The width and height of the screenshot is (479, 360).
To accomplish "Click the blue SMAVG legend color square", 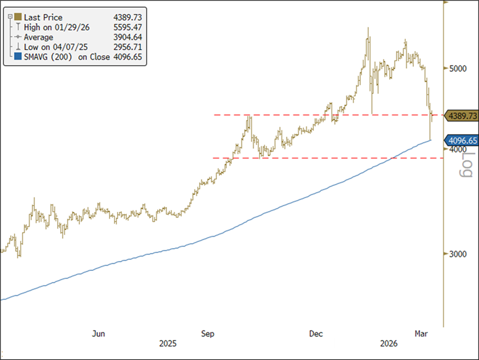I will tap(18, 57).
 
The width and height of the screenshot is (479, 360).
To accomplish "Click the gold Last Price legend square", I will tap(18, 18).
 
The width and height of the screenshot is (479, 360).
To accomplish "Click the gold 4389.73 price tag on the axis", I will tap(461, 116).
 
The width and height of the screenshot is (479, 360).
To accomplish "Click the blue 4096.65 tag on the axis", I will tap(461, 141).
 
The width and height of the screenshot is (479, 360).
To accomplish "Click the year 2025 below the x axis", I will tap(168, 344).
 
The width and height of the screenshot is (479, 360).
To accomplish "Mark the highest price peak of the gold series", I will tap(368, 28).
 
